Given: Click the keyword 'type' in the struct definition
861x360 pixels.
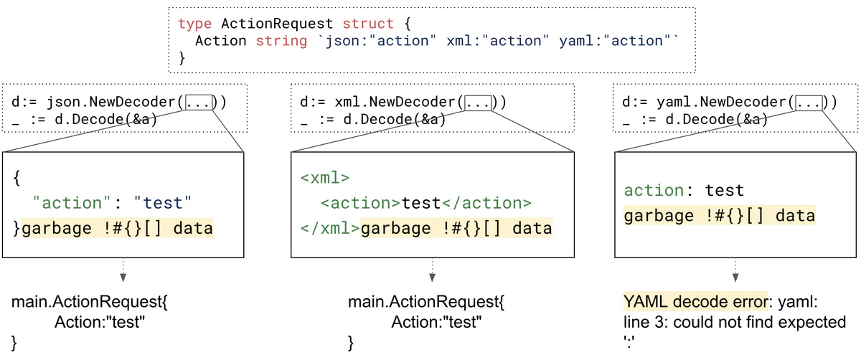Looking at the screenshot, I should [194, 24].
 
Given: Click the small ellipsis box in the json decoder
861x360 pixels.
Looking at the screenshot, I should [199, 103].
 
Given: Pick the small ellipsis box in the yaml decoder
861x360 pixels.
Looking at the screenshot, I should [809, 103].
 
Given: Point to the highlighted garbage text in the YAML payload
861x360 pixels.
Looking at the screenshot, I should [719, 216].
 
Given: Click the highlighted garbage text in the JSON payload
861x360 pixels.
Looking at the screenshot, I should [118, 229].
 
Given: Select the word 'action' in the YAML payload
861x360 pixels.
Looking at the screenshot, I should [654, 191].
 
